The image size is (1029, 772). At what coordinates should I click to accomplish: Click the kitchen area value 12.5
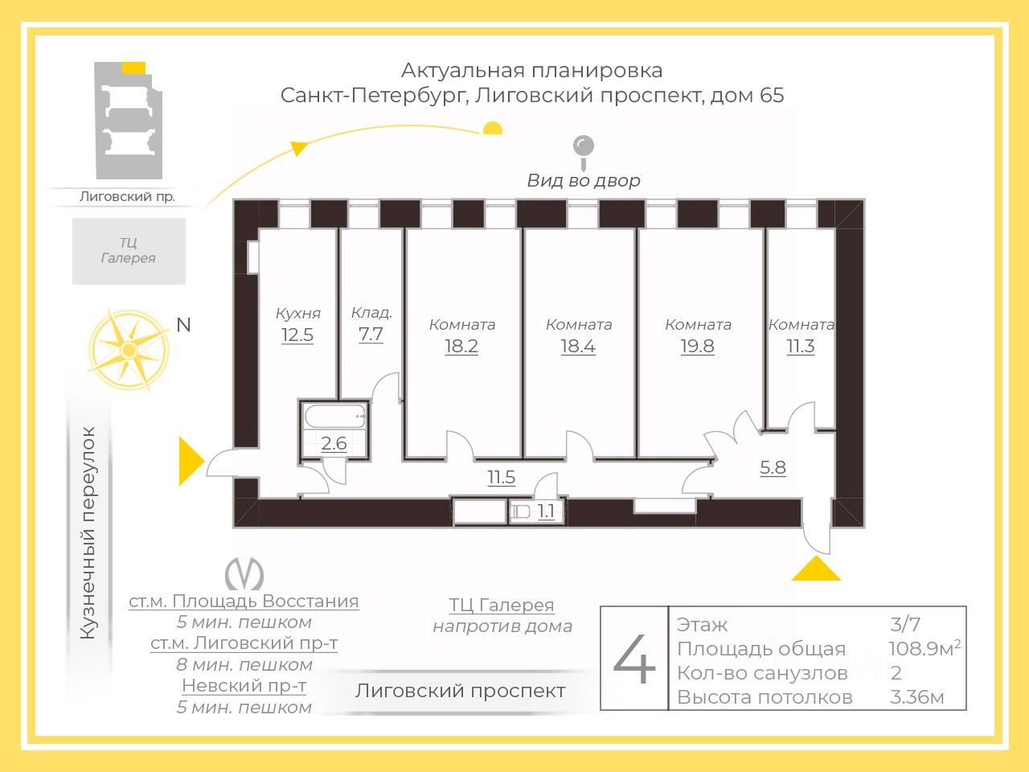pyautogui.click(x=297, y=335)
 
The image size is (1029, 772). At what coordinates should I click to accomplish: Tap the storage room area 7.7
pyautogui.click(x=371, y=334)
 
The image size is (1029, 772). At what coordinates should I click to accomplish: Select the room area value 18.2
pyautogui.click(x=461, y=347)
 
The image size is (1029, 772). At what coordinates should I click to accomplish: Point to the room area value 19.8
pyautogui.click(x=697, y=347)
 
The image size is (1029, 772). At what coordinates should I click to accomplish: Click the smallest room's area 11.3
pyautogui.click(x=800, y=347)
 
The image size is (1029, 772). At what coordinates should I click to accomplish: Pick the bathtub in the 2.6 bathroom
pyautogui.click(x=334, y=417)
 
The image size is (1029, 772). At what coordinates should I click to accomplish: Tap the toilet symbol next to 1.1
pyautogui.click(x=521, y=511)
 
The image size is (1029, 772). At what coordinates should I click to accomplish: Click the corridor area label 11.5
pyautogui.click(x=501, y=478)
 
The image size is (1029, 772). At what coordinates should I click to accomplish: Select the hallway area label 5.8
pyautogui.click(x=773, y=467)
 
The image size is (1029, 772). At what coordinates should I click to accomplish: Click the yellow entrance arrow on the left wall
pyautogui.click(x=190, y=461)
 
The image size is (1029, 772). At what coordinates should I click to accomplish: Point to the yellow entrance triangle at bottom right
pyautogui.click(x=816, y=569)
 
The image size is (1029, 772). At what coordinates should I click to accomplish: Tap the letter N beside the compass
pyautogui.click(x=184, y=325)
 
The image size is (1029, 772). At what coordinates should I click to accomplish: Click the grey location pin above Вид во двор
pyautogui.click(x=583, y=148)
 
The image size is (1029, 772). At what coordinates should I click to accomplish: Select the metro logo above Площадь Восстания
pyautogui.click(x=244, y=574)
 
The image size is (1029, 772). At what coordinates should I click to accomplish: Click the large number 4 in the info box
pyautogui.click(x=634, y=659)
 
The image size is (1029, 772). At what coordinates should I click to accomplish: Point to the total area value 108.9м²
pyautogui.click(x=924, y=648)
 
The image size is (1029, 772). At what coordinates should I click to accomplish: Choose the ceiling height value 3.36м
pyautogui.click(x=916, y=696)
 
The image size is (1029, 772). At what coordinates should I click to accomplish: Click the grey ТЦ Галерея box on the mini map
pyautogui.click(x=129, y=251)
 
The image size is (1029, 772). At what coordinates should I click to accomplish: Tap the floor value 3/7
pyautogui.click(x=905, y=624)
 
